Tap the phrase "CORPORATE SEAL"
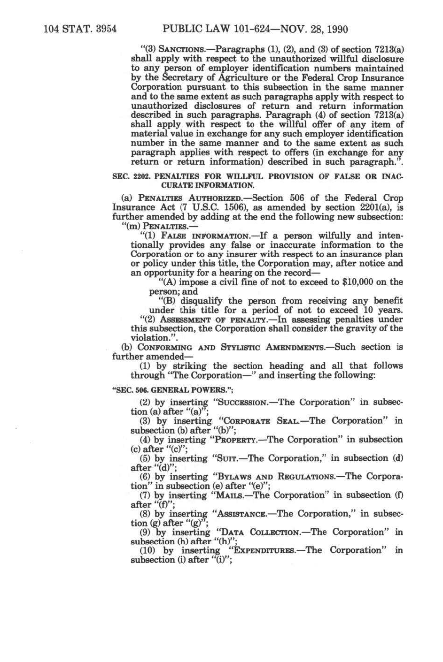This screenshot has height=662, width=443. pyautogui.click(x=262, y=421)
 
